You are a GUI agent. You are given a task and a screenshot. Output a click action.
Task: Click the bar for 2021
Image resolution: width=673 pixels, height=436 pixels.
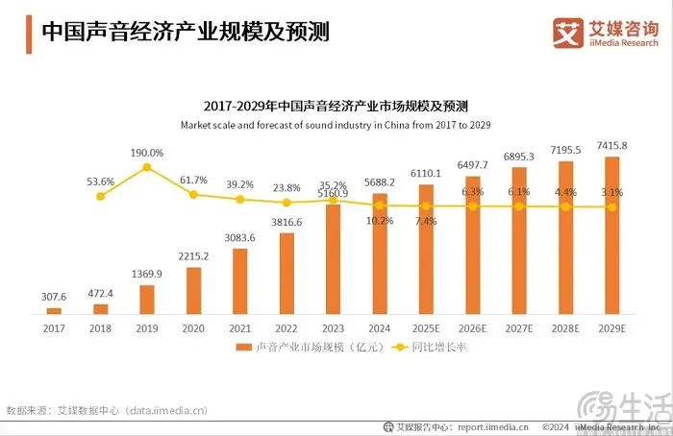coord(240,281)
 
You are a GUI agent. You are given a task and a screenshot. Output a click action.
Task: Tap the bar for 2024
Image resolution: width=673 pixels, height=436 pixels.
coord(380,254)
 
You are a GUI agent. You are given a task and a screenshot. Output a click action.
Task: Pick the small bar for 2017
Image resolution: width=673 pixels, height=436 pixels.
coord(54,311)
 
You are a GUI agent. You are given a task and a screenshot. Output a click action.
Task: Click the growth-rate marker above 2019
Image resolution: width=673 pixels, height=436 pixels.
coord(147,167)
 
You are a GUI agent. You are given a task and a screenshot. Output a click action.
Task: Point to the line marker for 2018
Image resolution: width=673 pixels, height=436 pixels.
coord(101,196)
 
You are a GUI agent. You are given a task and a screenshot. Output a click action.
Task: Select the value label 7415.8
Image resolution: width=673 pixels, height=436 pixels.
coord(611,146)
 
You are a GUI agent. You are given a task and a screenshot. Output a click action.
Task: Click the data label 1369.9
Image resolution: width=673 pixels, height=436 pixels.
coord(147,274)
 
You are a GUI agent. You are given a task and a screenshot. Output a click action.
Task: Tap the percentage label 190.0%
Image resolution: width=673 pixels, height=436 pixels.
coord(147,153)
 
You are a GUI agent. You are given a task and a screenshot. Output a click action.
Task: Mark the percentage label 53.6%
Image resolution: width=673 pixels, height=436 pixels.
coord(101,181)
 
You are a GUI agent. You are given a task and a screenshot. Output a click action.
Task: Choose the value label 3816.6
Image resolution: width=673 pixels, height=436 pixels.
coord(287,222)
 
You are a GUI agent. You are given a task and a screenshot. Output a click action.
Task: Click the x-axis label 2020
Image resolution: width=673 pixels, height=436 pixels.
coord(193,327)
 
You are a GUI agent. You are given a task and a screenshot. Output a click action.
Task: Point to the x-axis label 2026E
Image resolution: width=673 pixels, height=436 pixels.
coord(472,327)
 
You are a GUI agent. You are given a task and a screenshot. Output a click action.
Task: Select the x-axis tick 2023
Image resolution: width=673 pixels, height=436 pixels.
coord(333,327)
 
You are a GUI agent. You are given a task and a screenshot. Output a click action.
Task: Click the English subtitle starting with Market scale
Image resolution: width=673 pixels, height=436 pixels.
coord(336,125)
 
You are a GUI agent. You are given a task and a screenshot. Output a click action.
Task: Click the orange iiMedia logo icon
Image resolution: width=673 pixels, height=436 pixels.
coord(570,32)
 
